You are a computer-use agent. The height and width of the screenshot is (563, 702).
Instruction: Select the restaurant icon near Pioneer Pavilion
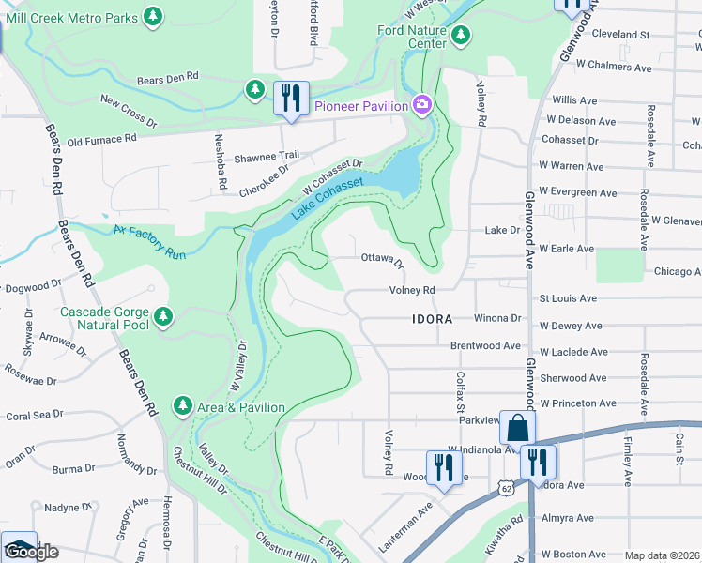(x=290, y=99)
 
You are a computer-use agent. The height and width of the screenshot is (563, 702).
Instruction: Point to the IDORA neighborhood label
(x=433, y=319)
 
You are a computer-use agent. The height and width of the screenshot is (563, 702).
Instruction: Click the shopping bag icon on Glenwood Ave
(x=517, y=428)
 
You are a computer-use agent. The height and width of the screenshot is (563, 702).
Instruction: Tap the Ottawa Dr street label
(x=382, y=258)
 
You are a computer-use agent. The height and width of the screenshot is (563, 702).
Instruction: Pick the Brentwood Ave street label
(x=485, y=345)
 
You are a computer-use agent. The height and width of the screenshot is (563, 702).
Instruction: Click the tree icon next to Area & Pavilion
(x=183, y=406)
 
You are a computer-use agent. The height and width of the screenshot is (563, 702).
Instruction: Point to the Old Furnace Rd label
(x=102, y=139)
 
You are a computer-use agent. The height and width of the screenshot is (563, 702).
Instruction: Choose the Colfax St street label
(x=461, y=391)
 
